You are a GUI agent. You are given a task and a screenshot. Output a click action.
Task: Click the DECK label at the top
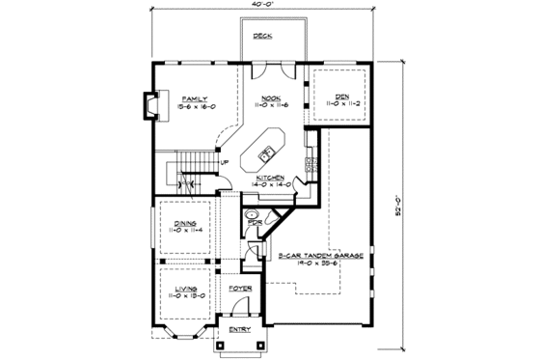tap(261, 36)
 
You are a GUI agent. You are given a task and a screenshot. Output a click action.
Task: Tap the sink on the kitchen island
tap(267, 151)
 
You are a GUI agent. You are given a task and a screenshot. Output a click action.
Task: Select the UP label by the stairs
tap(225, 162)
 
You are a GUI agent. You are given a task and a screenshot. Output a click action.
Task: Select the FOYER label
tap(240, 289)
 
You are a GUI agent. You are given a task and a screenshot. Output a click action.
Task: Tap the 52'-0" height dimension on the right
tap(398, 204)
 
